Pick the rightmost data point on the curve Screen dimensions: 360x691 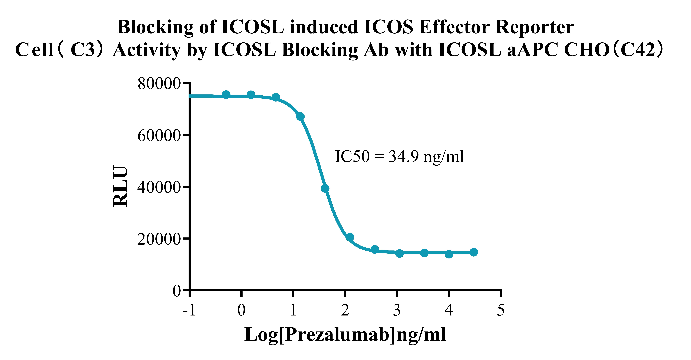(474, 252)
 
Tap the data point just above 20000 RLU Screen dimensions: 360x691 (350, 237)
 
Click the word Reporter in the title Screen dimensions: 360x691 (534, 27)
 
